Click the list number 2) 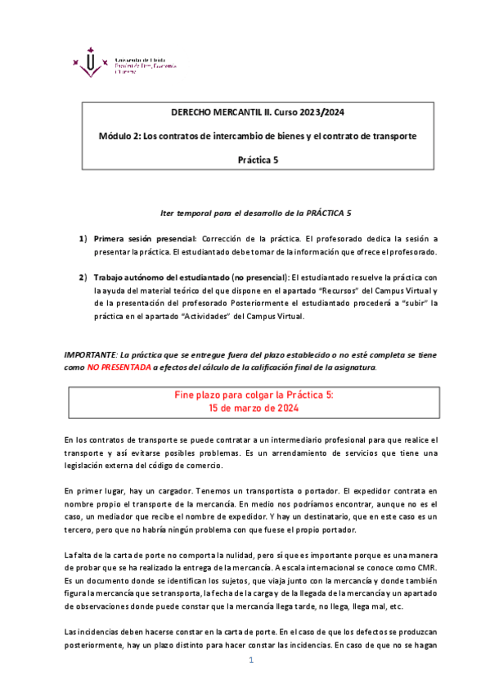[83, 277]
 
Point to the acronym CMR [425, 569]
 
